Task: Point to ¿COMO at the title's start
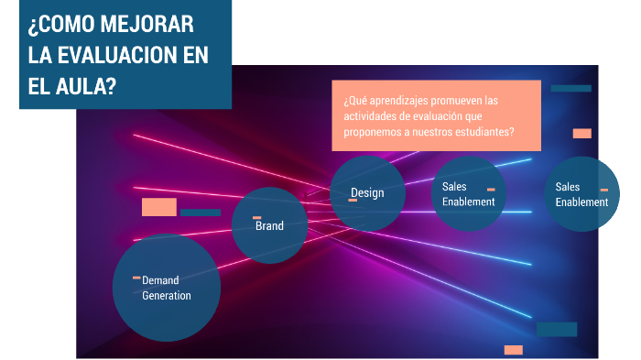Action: (x=59, y=25)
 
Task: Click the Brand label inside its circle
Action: (x=269, y=225)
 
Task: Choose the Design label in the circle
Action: (x=367, y=192)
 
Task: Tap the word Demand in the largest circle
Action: (x=160, y=279)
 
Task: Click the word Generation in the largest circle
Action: (x=167, y=295)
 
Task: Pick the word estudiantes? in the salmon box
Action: (x=483, y=132)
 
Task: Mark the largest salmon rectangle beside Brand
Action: (x=158, y=207)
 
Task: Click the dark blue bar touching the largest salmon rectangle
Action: (x=200, y=212)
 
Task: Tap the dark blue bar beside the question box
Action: (x=570, y=88)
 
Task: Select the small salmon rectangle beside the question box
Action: (x=581, y=134)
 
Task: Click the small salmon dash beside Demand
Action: (x=136, y=278)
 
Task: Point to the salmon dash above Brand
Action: (x=257, y=217)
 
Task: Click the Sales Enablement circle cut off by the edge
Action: (x=582, y=194)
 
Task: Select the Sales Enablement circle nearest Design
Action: (x=468, y=194)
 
